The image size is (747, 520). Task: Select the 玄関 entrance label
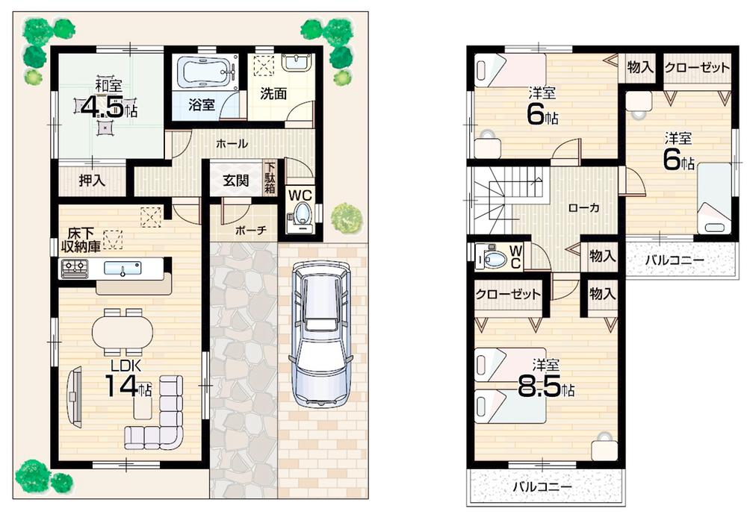point(235,180)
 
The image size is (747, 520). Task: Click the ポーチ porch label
point(250,230)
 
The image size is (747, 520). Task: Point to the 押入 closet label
point(92,180)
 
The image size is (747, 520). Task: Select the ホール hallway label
point(232,143)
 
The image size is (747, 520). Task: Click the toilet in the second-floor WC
point(492,258)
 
